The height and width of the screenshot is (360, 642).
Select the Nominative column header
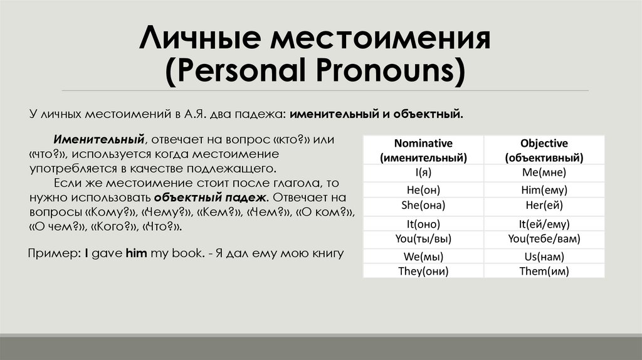pos(423,151)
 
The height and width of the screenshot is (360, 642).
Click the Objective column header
pos(544,151)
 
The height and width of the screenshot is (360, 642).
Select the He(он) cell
pos(423,189)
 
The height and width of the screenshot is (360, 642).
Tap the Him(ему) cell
pos(544,189)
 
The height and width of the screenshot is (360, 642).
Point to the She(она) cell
pos(423,205)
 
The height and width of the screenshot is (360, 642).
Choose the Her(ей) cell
pos(544,205)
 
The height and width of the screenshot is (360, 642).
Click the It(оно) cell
pos(423,223)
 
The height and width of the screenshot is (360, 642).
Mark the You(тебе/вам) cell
pos(544,238)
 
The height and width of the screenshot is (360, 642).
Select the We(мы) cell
pos(423,256)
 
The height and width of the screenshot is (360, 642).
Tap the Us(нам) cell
pos(544,256)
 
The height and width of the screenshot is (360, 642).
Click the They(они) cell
pos(423,271)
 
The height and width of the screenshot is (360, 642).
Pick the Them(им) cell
pos(544,271)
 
